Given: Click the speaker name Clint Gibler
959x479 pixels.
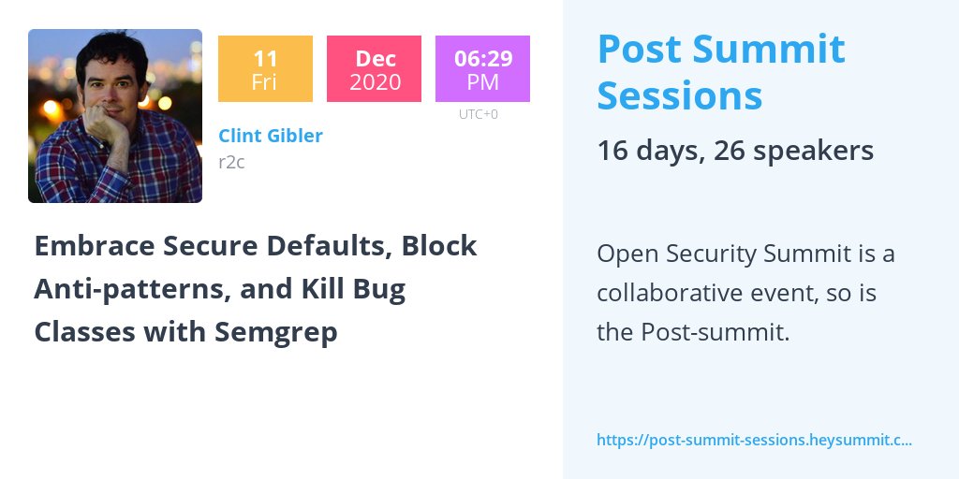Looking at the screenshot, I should coord(270,136).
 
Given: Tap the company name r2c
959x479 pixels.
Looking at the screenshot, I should coord(230,162).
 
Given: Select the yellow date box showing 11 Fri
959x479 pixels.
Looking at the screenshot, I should coord(265,69).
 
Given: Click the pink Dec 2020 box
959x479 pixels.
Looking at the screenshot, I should coord(374,69).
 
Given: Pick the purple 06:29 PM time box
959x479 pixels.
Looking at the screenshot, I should coord(482,69).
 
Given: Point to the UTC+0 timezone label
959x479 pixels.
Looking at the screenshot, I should coord(478,114).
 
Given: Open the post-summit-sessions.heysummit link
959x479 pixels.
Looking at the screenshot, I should coord(754,439).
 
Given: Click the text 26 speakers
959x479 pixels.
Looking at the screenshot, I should coord(793,151).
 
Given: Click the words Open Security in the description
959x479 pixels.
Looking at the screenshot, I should coord(674,254).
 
